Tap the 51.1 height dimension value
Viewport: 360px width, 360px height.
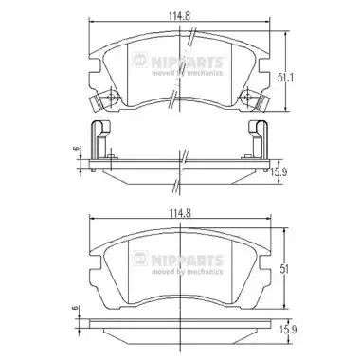[x=286, y=78]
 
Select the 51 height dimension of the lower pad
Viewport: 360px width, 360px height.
[x=284, y=268]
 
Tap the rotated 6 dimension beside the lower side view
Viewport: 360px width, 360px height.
[x=75, y=308]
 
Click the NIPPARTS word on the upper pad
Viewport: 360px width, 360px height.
[x=188, y=62]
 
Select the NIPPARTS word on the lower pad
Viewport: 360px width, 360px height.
[x=188, y=261]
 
